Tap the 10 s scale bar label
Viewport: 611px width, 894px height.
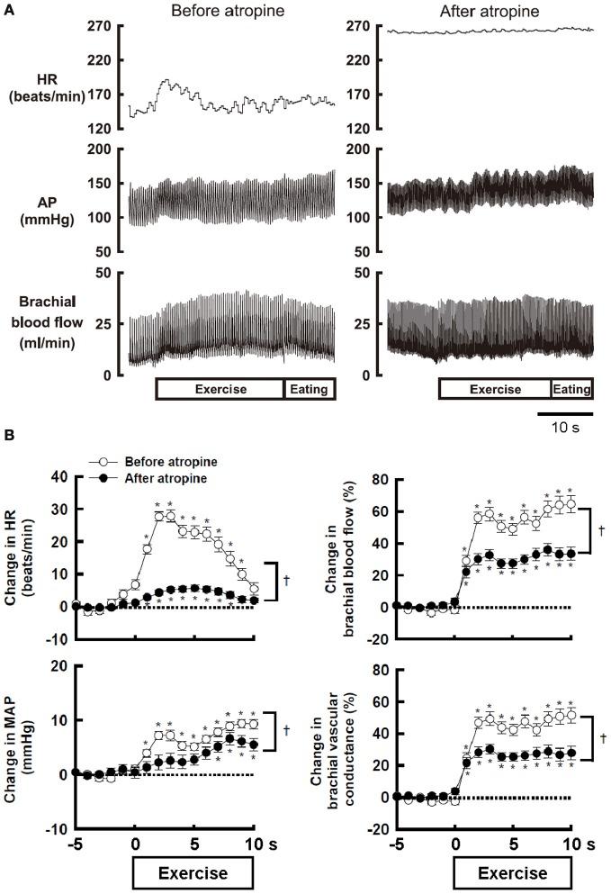[x=566, y=425]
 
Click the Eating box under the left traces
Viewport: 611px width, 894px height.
[x=309, y=389]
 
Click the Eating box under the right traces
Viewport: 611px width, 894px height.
[x=572, y=389]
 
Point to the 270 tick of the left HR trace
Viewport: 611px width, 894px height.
[x=99, y=27]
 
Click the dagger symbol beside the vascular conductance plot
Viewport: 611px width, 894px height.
[x=600, y=737]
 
